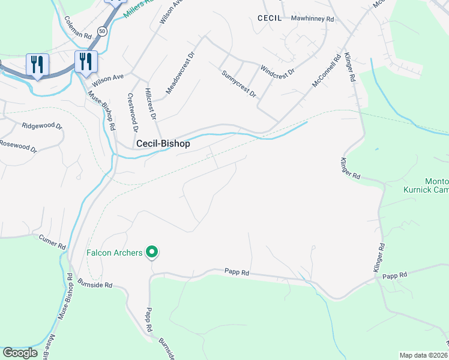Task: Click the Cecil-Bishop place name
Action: click(x=163, y=144)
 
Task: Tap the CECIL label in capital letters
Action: click(x=270, y=19)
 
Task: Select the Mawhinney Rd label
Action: click(x=312, y=19)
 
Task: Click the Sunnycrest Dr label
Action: click(x=238, y=84)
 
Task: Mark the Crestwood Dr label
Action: click(x=133, y=112)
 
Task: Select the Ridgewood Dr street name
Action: click(x=42, y=126)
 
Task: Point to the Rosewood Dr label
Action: click(x=18, y=145)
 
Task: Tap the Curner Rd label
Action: click(x=52, y=242)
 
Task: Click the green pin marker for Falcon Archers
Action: click(x=152, y=253)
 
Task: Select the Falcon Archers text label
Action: click(x=114, y=253)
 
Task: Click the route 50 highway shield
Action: click(x=103, y=31)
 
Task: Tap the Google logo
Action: click(x=20, y=353)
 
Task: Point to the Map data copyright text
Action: click(x=423, y=355)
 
